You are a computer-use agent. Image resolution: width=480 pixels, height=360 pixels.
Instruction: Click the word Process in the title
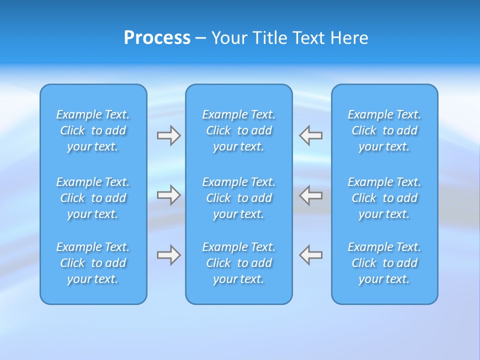[x=157, y=38]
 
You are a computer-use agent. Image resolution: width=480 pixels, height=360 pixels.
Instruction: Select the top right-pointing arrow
[x=169, y=135]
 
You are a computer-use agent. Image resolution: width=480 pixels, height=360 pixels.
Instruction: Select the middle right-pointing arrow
[x=169, y=195]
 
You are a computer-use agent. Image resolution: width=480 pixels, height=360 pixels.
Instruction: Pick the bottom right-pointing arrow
[x=169, y=255]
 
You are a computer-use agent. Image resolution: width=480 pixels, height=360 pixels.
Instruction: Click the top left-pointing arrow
[x=310, y=135]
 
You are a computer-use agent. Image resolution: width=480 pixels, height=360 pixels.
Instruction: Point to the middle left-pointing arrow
[x=310, y=195]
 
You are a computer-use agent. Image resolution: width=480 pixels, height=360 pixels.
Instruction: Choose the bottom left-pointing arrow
[x=310, y=255]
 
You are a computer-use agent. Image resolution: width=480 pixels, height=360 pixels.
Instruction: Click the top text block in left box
[x=93, y=130]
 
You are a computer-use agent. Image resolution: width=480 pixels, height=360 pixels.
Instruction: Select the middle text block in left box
[x=93, y=198]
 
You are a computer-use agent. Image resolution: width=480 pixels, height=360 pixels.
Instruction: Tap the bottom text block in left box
[x=93, y=263]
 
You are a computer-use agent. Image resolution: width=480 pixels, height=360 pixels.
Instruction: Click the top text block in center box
[x=239, y=130]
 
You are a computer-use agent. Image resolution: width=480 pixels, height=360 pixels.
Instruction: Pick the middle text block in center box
[x=239, y=198]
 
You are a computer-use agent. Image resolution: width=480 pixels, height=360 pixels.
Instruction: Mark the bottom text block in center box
[x=239, y=263]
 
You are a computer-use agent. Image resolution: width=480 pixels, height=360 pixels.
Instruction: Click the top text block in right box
[x=384, y=130]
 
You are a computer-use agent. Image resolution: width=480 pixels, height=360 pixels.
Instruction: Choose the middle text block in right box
[x=384, y=198]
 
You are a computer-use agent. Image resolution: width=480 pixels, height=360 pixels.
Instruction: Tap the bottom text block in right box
[x=384, y=263]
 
